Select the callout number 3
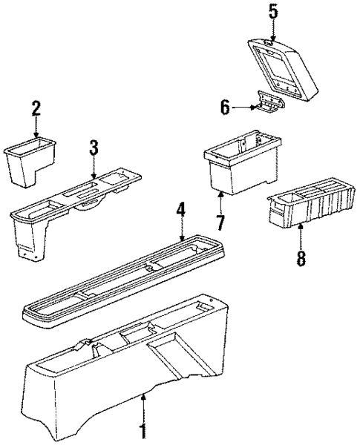point(94,147)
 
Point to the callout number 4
point(180,210)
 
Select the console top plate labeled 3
point(74,200)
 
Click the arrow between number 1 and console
point(144,406)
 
